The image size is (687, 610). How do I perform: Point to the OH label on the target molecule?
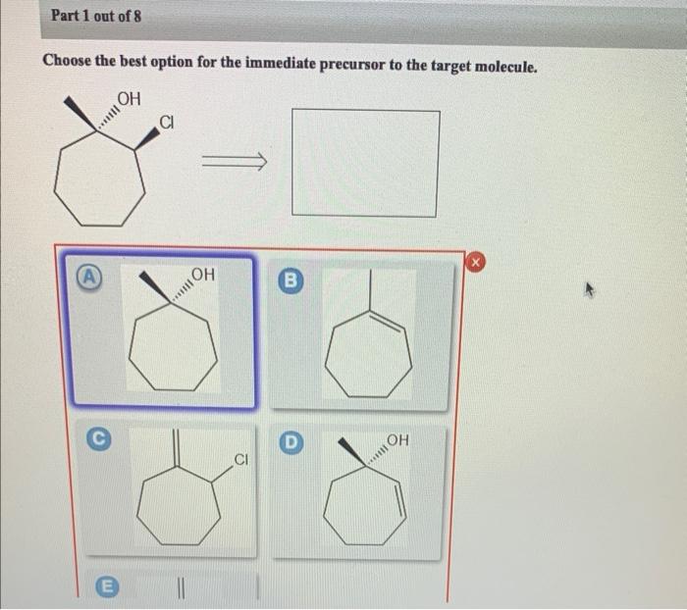coord(129,97)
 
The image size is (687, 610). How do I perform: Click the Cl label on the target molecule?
coord(168,123)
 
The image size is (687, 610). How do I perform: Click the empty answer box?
coord(365,163)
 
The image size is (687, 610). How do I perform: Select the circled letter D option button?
coord(291,439)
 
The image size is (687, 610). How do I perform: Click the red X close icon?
coord(475,262)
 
